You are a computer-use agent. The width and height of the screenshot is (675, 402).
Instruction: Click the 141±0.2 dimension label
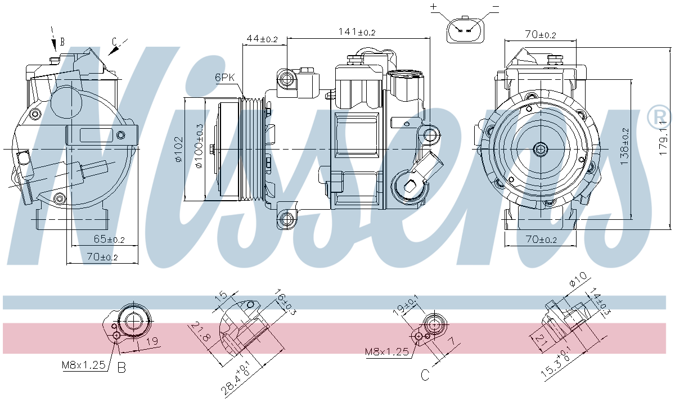tap(357, 32)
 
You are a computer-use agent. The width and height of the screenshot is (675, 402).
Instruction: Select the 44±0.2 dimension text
tap(262, 39)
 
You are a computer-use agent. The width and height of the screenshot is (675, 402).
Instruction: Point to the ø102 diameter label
tap(178, 149)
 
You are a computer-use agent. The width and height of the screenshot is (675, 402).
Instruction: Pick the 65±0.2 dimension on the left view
tap(109, 239)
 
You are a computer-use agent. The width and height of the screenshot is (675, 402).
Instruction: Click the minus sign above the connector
tap(496, 7)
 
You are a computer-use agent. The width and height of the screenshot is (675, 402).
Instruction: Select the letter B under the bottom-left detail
tap(121, 368)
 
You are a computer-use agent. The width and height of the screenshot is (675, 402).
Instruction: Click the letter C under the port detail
tap(425, 374)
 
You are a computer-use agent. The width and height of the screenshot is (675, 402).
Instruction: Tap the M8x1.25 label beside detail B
tap(84, 365)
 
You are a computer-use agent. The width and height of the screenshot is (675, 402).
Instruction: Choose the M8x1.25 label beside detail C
tap(387, 351)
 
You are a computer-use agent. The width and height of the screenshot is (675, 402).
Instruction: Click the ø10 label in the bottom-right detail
tap(578, 279)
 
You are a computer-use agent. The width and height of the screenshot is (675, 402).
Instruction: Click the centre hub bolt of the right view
tap(541, 149)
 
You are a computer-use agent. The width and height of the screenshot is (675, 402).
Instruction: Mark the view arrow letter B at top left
tap(62, 42)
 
